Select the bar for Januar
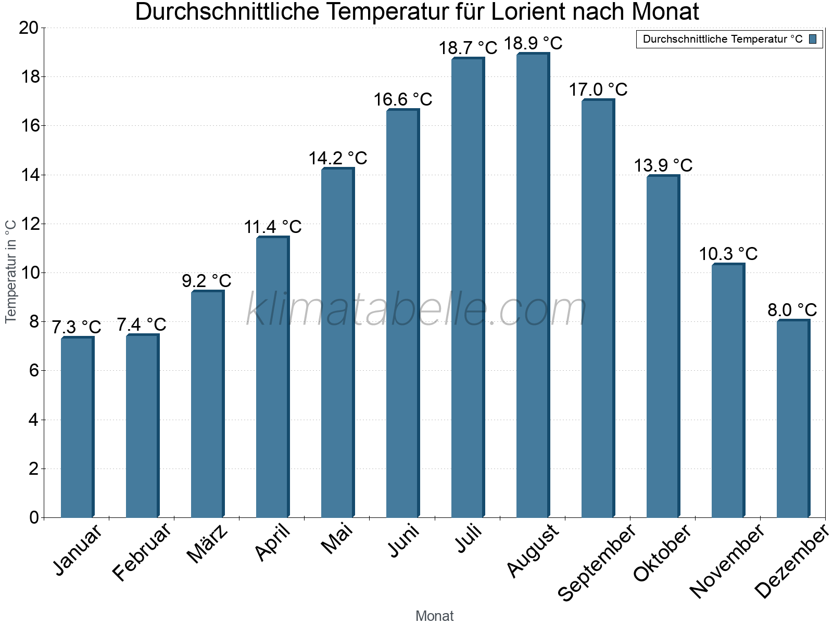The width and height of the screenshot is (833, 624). tap(77, 427)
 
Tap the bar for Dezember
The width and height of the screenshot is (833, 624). tap(793, 419)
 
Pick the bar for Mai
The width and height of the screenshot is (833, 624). tap(337, 343)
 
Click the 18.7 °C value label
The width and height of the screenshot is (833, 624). tap(468, 48)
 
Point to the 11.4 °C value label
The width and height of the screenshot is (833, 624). tap(273, 227)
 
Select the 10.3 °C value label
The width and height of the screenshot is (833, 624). tap(728, 254)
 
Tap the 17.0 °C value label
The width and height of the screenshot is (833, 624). tap(598, 90)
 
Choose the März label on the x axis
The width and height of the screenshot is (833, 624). tap(207, 544)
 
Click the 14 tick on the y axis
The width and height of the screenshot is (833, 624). tap(31, 175)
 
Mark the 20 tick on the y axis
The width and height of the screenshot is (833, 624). tap(29, 28)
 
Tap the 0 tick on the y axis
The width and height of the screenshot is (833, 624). tap(34, 517)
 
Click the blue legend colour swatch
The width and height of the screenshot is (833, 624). tap(813, 39)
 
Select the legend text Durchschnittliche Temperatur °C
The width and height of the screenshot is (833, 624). tap(723, 39)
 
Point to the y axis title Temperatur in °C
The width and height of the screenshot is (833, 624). tap(11, 271)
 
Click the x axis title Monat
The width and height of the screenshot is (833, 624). tap(434, 616)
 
